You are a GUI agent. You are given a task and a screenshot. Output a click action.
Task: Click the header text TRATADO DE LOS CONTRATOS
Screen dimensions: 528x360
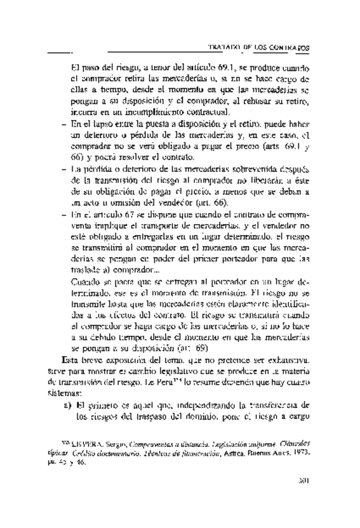coord(262,47)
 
